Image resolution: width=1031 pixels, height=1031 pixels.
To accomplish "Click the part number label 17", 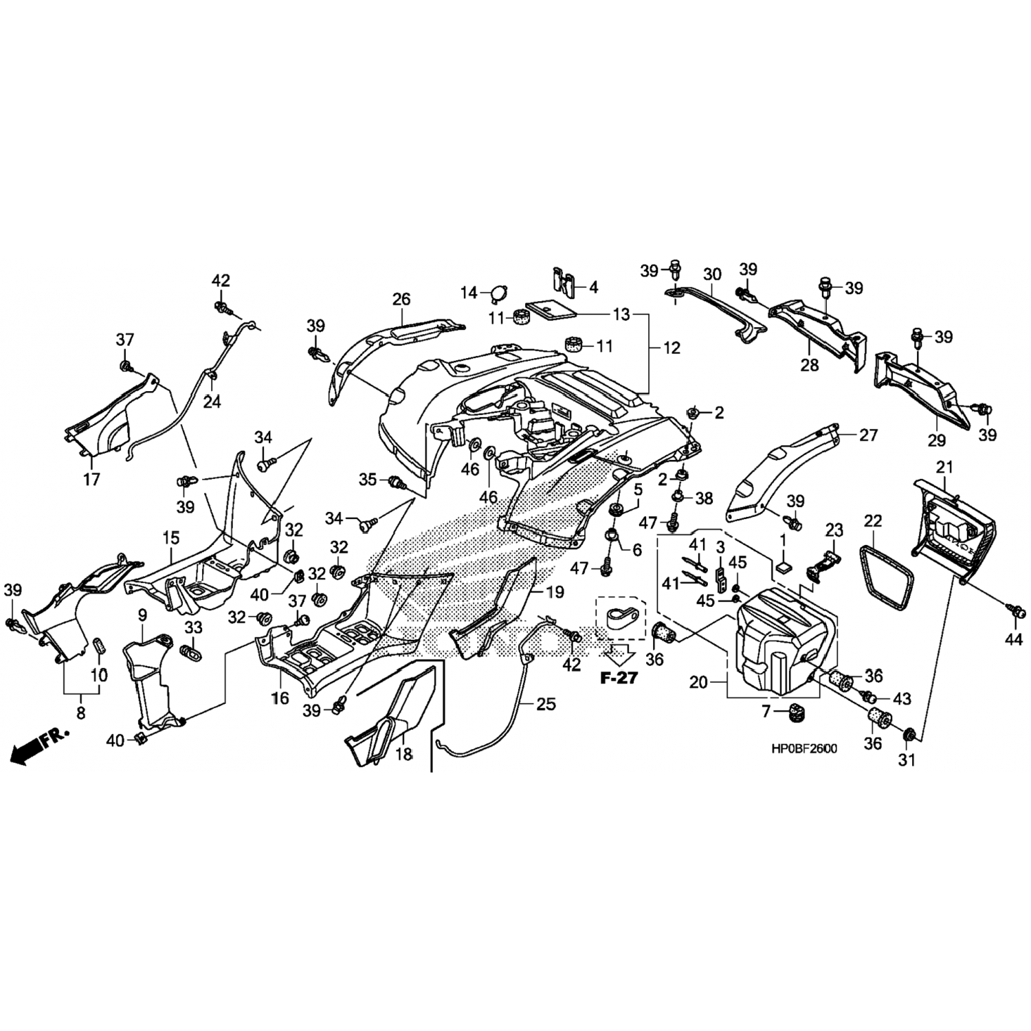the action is pyautogui.click(x=91, y=479).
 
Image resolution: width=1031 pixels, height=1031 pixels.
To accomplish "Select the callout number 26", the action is pyautogui.click(x=401, y=299).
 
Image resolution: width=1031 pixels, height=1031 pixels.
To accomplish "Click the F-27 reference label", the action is pyautogui.click(x=619, y=678).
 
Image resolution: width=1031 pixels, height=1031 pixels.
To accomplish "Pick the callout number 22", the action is pyautogui.click(x=873, y=521).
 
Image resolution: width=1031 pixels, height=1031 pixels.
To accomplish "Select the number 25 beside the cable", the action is pyautogui.click(x=546, y=704).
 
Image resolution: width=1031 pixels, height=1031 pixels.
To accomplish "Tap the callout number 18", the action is pyautogui.click(x=404, y=753).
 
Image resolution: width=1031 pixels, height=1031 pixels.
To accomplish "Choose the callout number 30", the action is pyautogui.click(x=712, y=274).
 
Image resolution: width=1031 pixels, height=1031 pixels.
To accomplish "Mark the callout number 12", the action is pyautogui.click(x=672, y=348).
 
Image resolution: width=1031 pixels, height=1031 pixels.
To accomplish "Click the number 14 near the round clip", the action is pyautogui.click(x=469, y=293).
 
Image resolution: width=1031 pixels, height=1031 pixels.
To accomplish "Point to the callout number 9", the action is pyautogui.click(x=143, y=613).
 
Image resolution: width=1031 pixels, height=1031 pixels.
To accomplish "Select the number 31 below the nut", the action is pyautogui.click(x=907, y=761).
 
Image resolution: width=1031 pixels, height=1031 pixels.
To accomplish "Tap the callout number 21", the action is pyautogui.click(x=945, y=467).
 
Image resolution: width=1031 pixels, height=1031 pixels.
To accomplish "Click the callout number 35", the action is pyautogui.click(x=368, y=479).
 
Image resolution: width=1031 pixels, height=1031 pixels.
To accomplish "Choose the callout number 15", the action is pyautogui.click(x=170, y=535).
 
